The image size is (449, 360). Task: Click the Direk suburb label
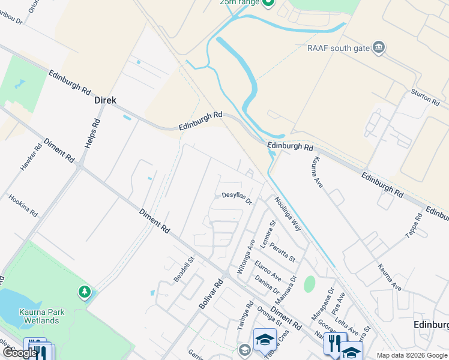click(x=105, y=101)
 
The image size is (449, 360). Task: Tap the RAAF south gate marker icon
click(x=378, y=47)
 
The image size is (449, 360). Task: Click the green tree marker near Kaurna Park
click(x=84, y=292)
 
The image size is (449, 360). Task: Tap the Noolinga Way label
click(x=288, y=214)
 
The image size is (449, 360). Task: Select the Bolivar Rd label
click(x=211, y=294)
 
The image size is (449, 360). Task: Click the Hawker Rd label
click(x=31, y=157)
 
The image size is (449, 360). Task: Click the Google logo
click(x=20, y=353)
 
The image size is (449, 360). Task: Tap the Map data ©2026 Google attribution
click(x=411, y=355)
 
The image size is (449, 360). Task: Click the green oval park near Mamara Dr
click(x=309, y=284)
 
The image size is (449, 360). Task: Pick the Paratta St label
click(x=282, y=250)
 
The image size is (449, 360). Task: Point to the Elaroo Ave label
click(x=268, y=271)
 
